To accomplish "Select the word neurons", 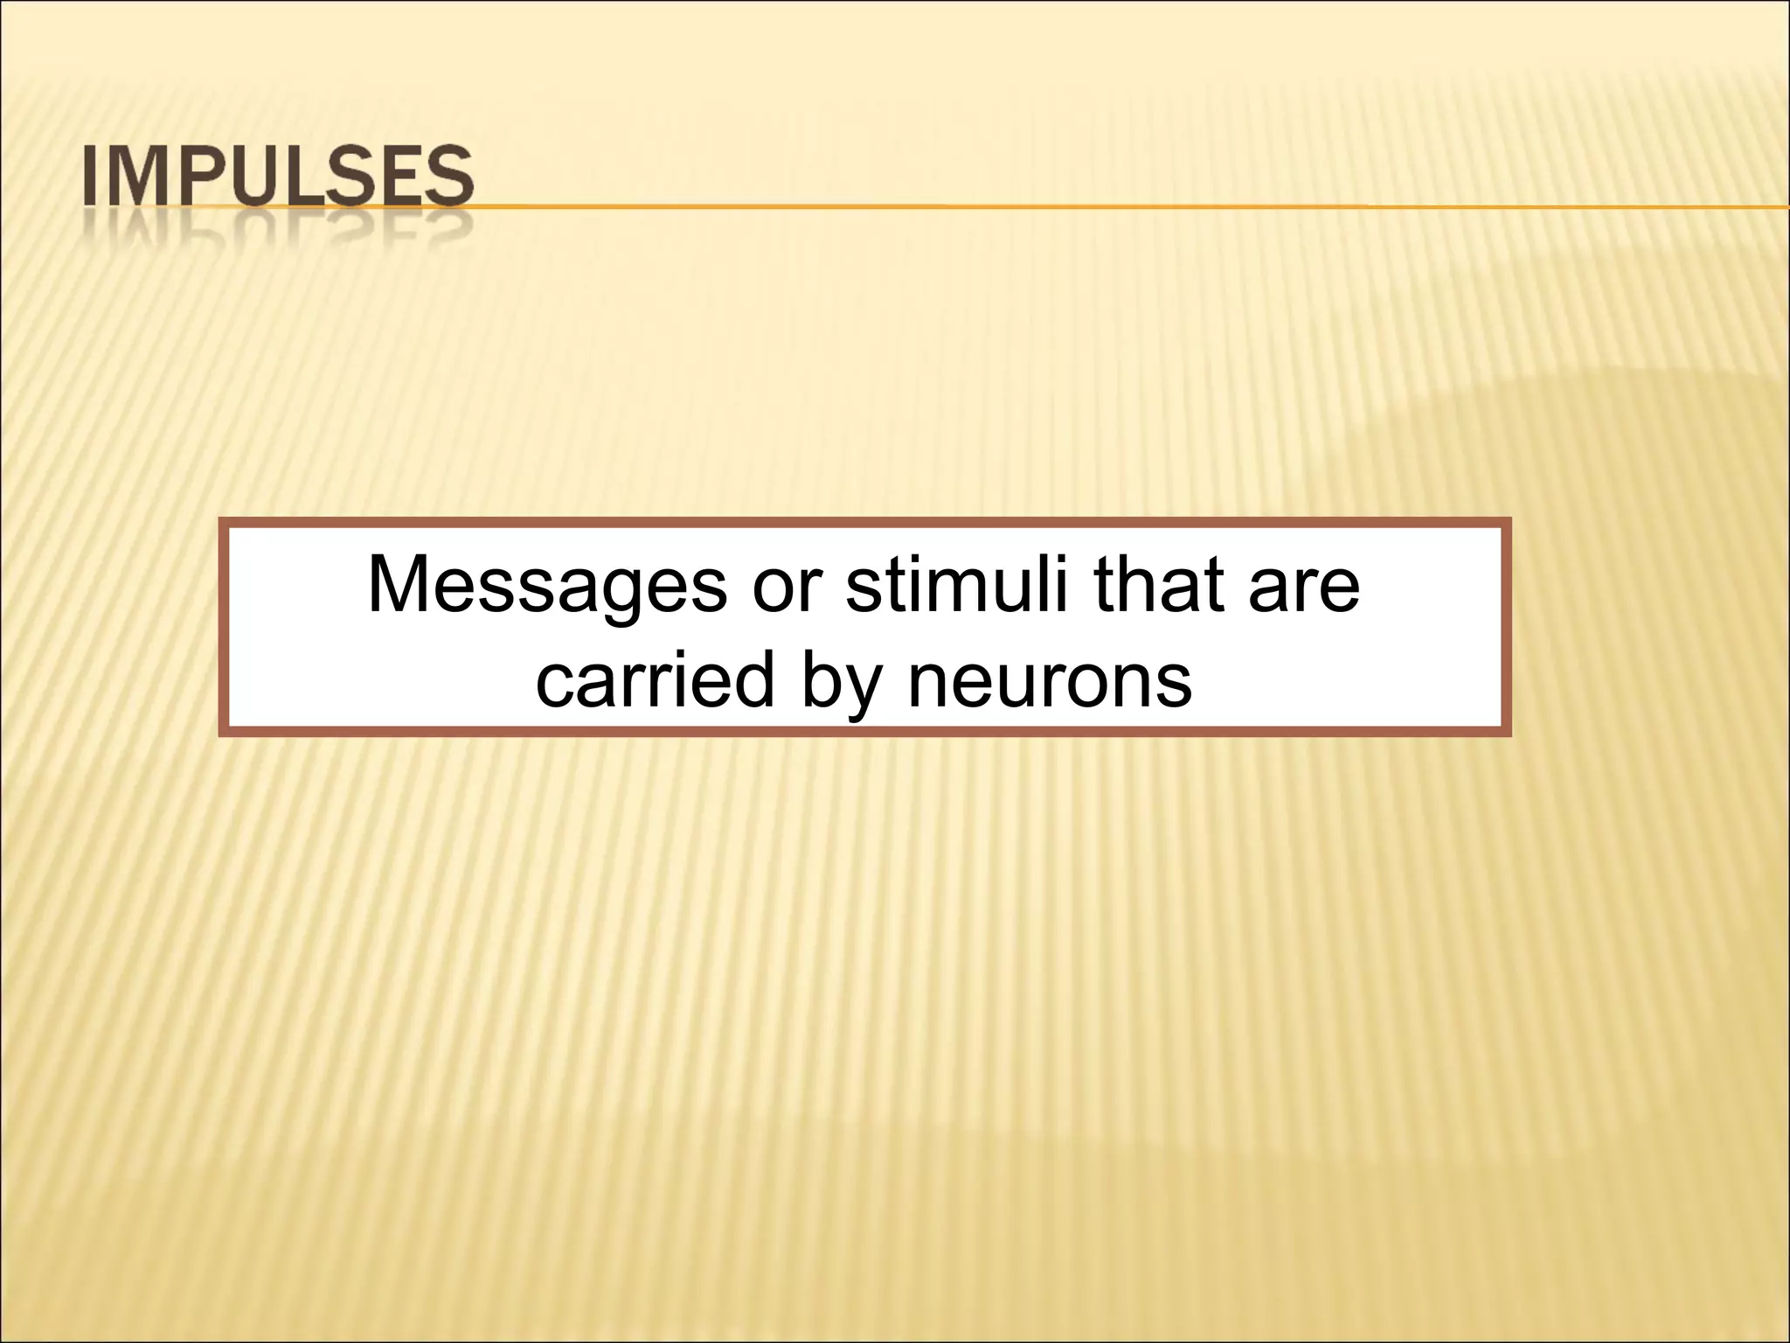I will (x=1050, y=681).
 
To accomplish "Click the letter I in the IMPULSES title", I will (x=90, y=178).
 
